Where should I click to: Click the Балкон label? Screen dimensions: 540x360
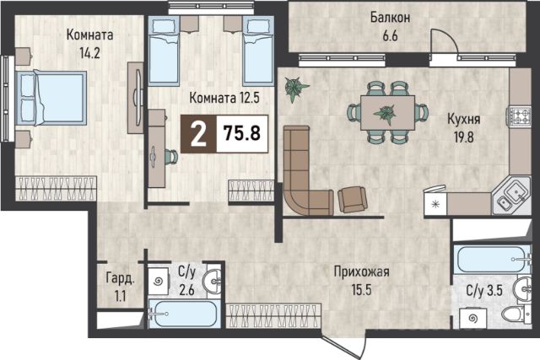(x=390, y=17)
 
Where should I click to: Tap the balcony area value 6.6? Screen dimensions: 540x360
(x=390, y=35)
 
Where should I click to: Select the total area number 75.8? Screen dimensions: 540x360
(x=242, y=133)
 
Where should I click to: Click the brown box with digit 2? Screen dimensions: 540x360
(x=198, y=134)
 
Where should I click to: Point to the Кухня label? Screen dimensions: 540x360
(x=463, y=119)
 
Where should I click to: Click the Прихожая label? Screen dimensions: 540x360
(x=362, y=271)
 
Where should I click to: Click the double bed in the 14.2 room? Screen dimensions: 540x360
(x=51, y=98)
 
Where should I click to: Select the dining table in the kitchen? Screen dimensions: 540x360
(x=387, y=112)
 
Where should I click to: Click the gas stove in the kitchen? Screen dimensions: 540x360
(x=518, y=116)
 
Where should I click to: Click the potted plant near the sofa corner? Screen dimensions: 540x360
(x=295, y=89)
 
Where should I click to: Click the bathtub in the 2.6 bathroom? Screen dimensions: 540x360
(x=184, y=314)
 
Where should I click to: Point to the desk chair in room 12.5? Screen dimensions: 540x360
(x=171, y=157)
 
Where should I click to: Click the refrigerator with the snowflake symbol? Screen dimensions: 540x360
(x=435, y=202)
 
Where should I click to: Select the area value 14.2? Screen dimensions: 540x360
(x=89, y=53)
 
